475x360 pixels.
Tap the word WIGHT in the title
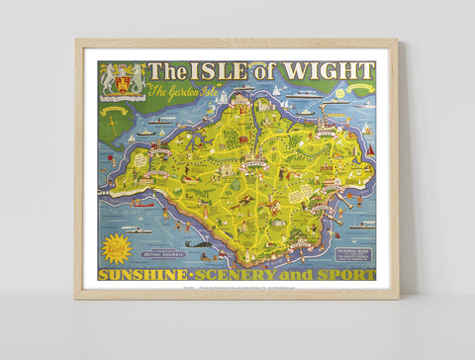[328, 71]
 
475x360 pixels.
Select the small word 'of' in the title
[265, 72]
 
